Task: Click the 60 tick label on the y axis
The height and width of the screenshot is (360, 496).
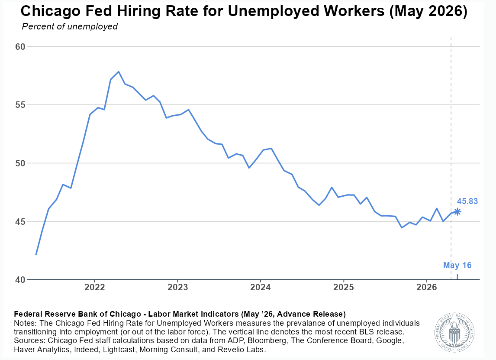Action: coord(20,46)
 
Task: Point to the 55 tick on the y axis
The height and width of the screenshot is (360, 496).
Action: coord(20,105)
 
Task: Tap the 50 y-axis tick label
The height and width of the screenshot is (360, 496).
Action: coord(20,163)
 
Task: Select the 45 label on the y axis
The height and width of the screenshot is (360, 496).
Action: coord(20,222)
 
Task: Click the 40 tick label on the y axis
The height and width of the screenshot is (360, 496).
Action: coord(20,280)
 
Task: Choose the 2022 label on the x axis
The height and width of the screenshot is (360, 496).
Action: coord(95,287)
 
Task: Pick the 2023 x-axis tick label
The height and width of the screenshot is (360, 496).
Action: coord(177,287)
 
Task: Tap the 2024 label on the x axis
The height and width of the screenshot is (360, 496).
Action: coord(261,287)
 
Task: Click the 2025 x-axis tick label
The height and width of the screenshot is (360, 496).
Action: coord(344,287)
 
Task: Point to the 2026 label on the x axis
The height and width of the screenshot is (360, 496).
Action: coord(427,287)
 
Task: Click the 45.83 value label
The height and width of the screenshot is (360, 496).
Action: coord(467,201)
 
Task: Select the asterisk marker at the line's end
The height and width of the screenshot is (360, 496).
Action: coord(457,212)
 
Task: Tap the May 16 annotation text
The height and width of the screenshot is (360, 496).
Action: coord(457,265)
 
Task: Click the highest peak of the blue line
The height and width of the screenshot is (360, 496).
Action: coord(119,71)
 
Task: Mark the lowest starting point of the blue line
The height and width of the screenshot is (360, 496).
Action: coord(36,255)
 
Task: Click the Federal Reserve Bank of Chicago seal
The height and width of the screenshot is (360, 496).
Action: coord(454,332)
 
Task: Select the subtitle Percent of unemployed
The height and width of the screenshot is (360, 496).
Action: coord(70,26)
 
